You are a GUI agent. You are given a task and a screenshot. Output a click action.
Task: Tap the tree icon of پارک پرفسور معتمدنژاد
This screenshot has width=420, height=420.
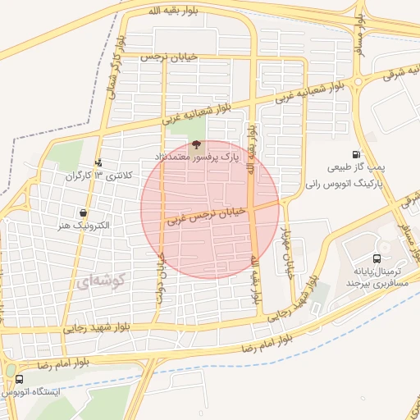pyautogui.click(x=194, y=143)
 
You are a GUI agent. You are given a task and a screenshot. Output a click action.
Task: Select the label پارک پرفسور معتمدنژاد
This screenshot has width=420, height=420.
pyautogui.click(x=196, y=155)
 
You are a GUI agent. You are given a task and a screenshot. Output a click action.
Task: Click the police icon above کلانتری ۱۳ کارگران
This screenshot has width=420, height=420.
pyautogui.click(x=99, y=163)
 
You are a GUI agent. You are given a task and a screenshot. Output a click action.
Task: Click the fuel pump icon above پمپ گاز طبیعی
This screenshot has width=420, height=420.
pyautogui.click(x=355, y=154)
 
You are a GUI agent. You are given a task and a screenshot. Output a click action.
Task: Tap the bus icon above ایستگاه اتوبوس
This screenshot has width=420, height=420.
pyautogui.click(x=19, y=380)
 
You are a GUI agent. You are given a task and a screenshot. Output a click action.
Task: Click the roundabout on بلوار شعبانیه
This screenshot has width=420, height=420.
pyautogui.click(x=358, y=80)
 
